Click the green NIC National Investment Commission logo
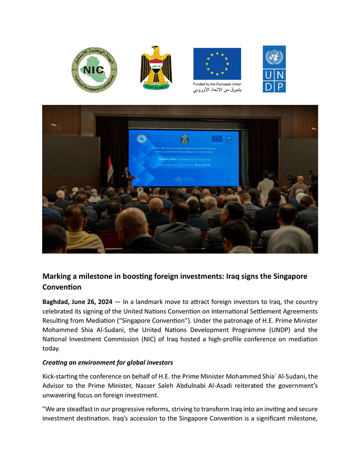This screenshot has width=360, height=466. [x=94, y=70]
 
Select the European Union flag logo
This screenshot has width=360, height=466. [x=217, y=64]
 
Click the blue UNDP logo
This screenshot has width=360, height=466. [x=274, y=69]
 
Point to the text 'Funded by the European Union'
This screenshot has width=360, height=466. [x=217, y=84]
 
